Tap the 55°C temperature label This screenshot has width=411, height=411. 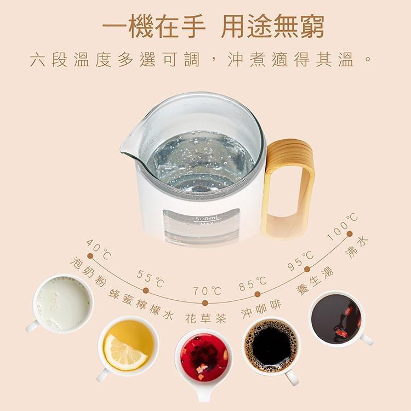tap(151, 278)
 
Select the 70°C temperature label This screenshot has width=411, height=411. tap(207, 291)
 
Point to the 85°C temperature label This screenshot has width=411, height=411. tap(253, 284)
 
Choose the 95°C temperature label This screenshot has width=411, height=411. tap(300, 260)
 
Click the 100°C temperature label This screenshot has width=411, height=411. tap(342, 227)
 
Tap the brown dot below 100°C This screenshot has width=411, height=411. tap(349, 233)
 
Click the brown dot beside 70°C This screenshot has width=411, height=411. tap(206, 303)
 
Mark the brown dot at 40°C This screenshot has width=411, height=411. tap(90, 255)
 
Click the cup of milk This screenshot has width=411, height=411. tap(62, 304)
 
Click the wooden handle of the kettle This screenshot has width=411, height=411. tap(287, 187)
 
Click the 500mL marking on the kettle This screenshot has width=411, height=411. tap(204, 219)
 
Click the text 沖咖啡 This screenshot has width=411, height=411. tap(261, 309)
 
